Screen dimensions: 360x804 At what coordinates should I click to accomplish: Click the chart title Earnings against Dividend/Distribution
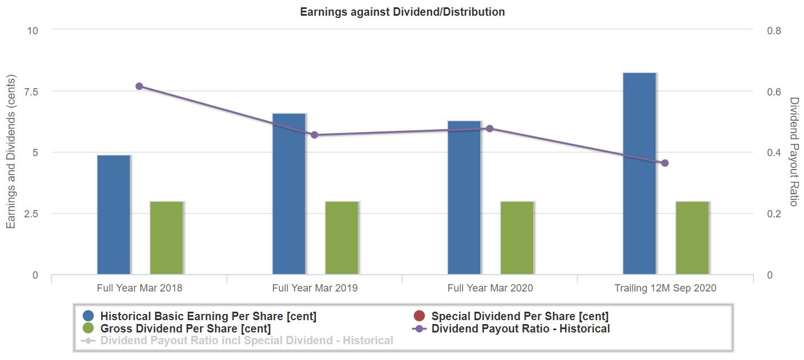pyautogui.click(x=402, y=12)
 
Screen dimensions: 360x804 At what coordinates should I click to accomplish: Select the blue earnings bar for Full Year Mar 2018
pyautogui.click(x=113, y=215)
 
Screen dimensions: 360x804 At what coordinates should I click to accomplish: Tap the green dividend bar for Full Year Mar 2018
pyautogui.click(x=166, y=238)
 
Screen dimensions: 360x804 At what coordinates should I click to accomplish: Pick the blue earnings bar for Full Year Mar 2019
pyautogui.click(x=289, y=194)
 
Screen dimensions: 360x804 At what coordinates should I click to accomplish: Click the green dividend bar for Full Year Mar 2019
pyautogui.click(x=342, y=238)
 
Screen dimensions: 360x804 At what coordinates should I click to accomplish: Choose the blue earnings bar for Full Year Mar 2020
pyautogui.click(x=464, y=198)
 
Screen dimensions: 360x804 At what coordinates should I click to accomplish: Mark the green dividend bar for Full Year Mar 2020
pyautogui.click(x=517, y=238)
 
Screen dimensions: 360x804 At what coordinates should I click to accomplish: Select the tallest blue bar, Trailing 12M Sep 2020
pyautogui.click(x=639, y=174)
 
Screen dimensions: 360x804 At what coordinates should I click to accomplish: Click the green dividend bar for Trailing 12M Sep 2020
pyautogui.click(x=692, y=238)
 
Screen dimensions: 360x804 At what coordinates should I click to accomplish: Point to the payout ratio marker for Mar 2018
pyautogui.click(x=139, y=86)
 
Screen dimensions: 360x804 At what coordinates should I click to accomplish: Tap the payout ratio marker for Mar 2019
pyautogui.click(x=314, y=135)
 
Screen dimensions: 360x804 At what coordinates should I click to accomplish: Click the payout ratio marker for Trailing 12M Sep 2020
pyautogui.click(x=665, y=163)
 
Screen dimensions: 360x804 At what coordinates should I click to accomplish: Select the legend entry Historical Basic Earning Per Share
pyautogui.click(x=208, y=316)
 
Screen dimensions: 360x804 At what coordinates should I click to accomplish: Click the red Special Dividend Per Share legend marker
pyautogui.click(x=419, y=316)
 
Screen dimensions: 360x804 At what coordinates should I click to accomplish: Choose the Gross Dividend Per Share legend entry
pyautogui.click(x=185, y=329)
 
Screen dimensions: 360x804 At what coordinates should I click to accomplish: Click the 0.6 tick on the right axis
pyautogui.click(x=774, y=92)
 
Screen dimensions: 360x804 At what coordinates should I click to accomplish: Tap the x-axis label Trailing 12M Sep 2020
pyautogui.click(x=665, y=288)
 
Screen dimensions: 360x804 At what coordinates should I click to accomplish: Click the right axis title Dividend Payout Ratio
pyautogui.click(x=793, y=152)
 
